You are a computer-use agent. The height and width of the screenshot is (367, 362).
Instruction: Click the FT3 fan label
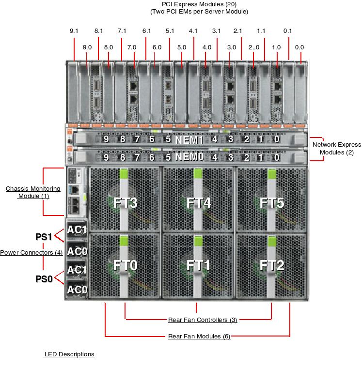126,203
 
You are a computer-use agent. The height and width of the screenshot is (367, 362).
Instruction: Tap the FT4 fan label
199,203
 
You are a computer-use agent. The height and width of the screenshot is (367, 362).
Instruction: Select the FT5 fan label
272,203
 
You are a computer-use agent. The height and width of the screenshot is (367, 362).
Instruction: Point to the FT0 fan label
126,265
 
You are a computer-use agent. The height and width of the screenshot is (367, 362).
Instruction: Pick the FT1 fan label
199,265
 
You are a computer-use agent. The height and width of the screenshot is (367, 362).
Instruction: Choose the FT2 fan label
272,265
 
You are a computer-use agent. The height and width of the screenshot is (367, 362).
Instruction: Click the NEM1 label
189,140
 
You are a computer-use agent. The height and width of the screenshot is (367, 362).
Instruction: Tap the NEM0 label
189,157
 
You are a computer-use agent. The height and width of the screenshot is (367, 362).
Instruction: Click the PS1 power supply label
44,237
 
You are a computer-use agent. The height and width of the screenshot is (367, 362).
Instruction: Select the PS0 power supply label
44,279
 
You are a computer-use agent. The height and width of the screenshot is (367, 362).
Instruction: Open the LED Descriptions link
69,354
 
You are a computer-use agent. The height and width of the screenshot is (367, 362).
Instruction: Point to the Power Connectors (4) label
31,253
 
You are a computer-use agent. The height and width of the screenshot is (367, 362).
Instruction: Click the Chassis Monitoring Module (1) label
33,192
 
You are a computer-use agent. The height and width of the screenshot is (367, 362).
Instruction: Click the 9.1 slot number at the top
74,31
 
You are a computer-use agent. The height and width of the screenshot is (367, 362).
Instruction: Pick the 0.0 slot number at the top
299,47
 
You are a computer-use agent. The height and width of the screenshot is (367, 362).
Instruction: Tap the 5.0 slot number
182,47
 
